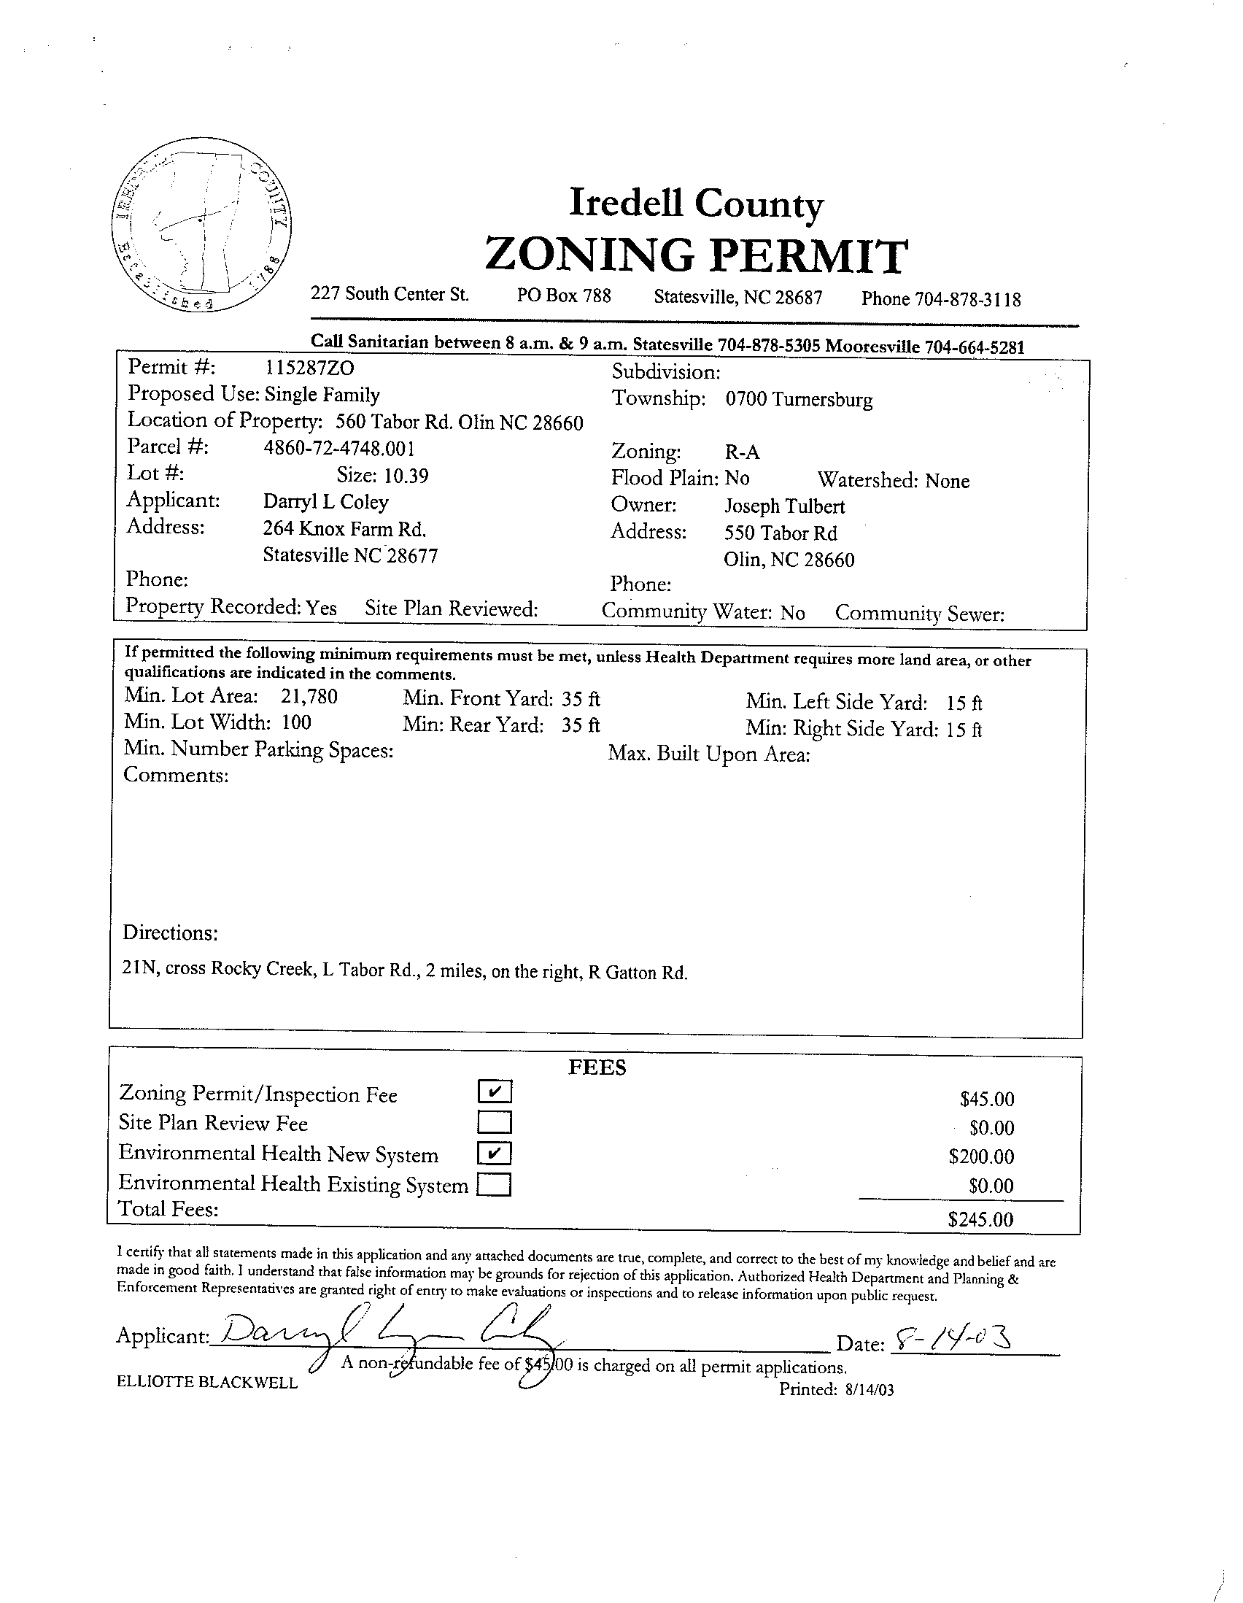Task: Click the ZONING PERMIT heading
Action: click(x=696, y=256)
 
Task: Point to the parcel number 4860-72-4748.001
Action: click(x=339, y=448)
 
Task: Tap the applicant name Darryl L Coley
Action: click(x=326, y=502)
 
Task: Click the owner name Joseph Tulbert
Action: click(x=784, y=506)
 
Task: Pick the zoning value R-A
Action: click(x=742, y=452)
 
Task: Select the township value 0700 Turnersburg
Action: click(x=799, y=400)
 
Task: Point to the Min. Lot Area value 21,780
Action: click(x=309, y=696)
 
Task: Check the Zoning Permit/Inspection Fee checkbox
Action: click(x=495, y=1092)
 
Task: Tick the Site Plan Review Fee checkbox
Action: click(x=495, y=1122)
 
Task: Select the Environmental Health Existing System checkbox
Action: click(x=495, y=1185)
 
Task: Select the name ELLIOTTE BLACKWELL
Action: click(x=207, y=1383)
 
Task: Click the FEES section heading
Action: click(x=597, y=1068)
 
